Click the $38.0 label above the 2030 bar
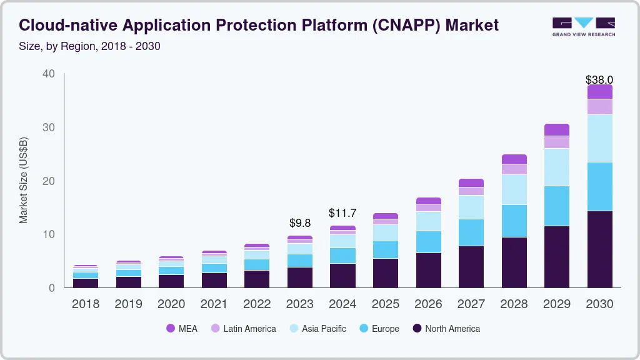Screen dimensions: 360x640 pyautogui.click(x=599, y=80)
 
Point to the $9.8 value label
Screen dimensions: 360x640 pyautogui.click(x=300, y=222)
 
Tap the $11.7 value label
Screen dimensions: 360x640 pyautogui.click(x=342, y=213)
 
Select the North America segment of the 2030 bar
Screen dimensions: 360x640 pyautogui.click(x=599, y=249)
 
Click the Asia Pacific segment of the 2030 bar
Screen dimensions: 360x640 pyautogui.click(x=599, y=138)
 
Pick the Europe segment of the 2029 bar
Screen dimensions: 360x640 pyautogui.click(x=557, y=206)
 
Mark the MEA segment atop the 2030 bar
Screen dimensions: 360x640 pyautogui.click(x=599, y=92)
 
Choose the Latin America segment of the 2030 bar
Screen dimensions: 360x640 pyautogui.click(x=599, y=107)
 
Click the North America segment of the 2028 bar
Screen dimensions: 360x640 pyautogui.click(x=514, y=262)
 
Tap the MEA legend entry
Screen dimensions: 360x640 pyautogui.click(x=182, y=329)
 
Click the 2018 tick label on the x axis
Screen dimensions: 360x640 pyautogui.click(x=86, y=304)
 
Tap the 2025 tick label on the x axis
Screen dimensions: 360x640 pyautogui.click(x=386, y=304)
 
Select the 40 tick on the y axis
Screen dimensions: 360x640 pyautogui.click(x=49, y=74)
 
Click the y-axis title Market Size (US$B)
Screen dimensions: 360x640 pyautogui.click(x=24, y=180)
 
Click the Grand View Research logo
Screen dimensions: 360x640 pyautogui.click(x=583, y=27)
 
